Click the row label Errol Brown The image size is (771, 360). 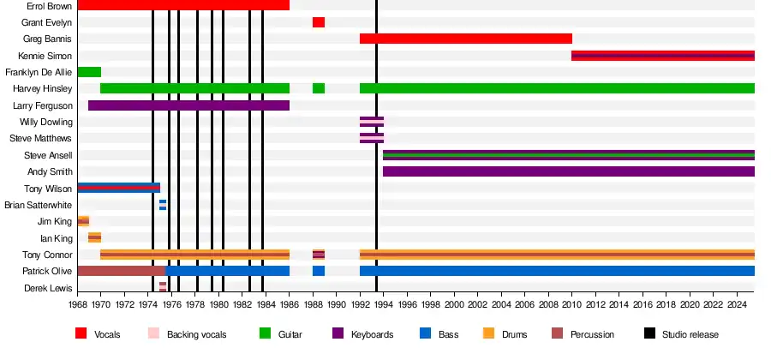[49, 5]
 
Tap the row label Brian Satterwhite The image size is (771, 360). [38, 205]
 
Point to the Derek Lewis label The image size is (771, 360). [48, 288]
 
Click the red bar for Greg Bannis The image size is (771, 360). [465, 39]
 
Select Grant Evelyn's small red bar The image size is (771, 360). [319, 22]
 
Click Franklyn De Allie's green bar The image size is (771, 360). [89, 72]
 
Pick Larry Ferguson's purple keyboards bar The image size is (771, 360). [188, 105]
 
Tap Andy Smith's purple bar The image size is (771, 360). [568, 171]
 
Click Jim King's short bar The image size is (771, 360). [83, 221]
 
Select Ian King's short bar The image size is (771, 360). [94, 237]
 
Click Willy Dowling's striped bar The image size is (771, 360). [372, 122]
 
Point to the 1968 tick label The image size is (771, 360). [77, 305]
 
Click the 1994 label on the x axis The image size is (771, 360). [383, 305]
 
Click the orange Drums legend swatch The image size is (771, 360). [489, 333]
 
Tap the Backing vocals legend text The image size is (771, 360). [196, 334]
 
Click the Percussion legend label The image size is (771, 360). [592, 334]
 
